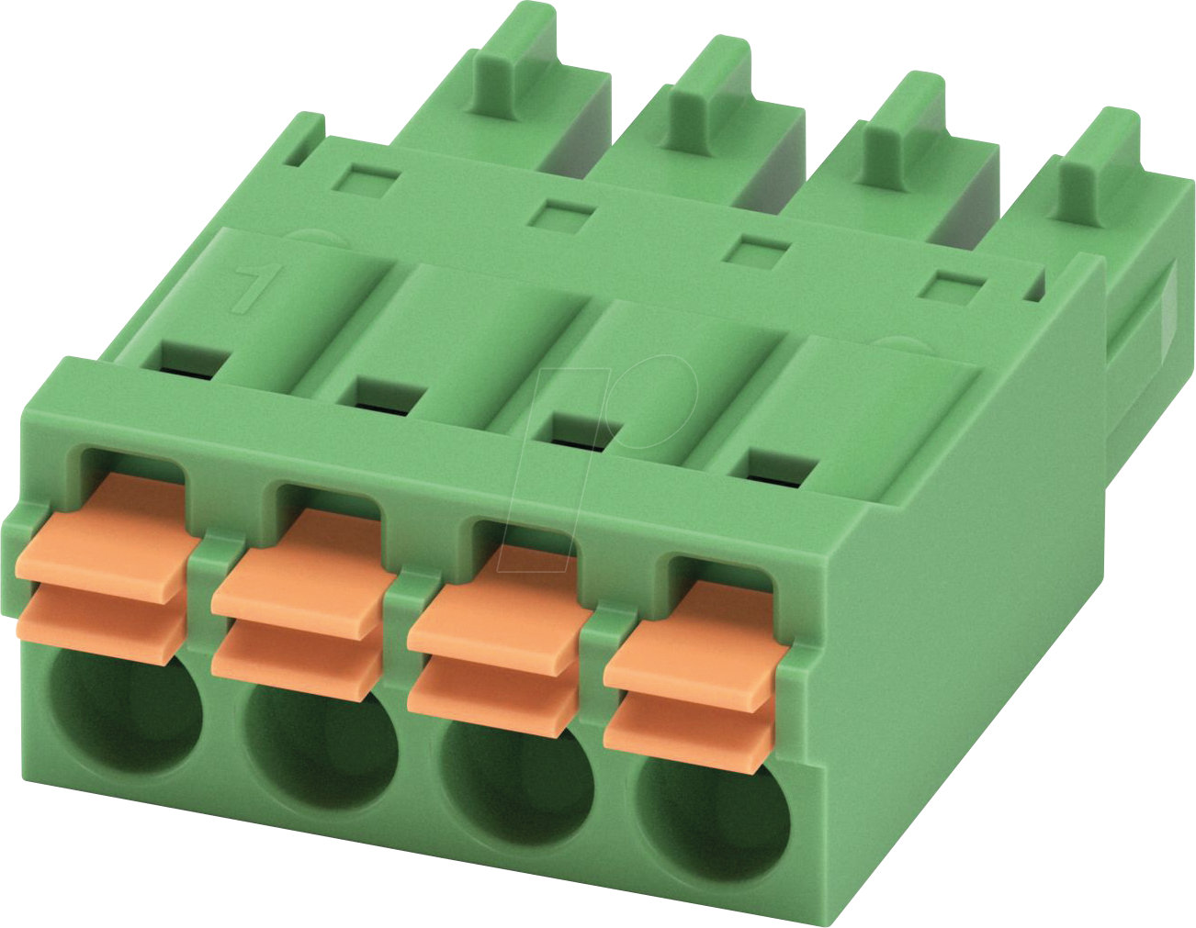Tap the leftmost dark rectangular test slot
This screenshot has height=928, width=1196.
tap(189, 360)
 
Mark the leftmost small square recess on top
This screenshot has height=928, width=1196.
tap(366, 176)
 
